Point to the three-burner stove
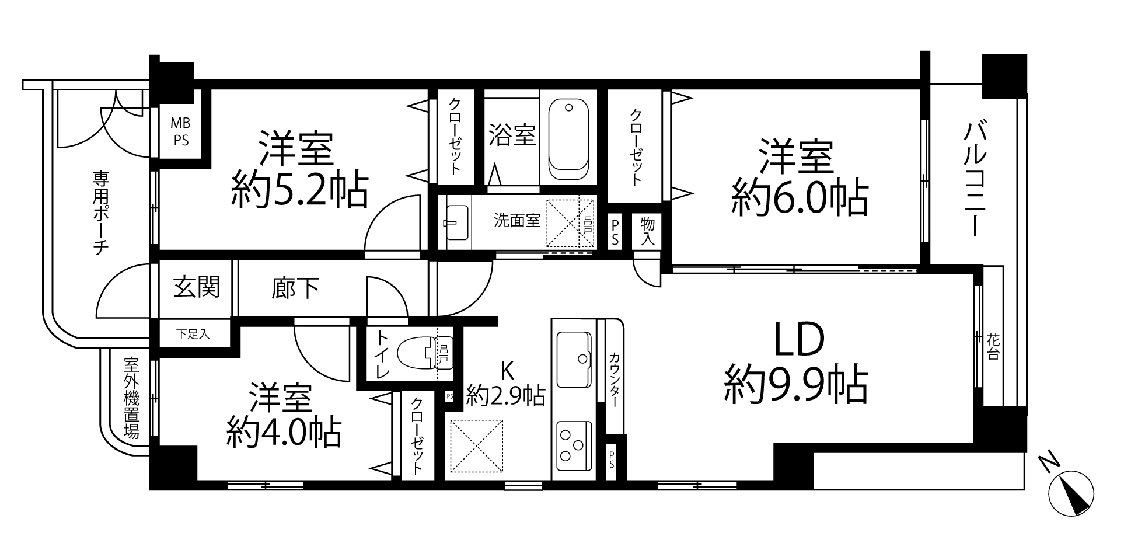tap(574, 445)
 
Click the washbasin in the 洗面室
tap(456, 223)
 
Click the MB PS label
tap(180, 133)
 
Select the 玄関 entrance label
tap(197, 287)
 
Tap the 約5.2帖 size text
tap(299, 189)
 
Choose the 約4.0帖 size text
tap(284, 432)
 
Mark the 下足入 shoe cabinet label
tap(193, 335)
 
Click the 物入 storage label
tap(648, 231)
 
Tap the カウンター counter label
tap(615, 380)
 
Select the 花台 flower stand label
tap(993, 346)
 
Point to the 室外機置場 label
tap(131, 398)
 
